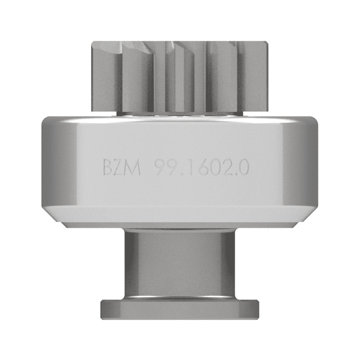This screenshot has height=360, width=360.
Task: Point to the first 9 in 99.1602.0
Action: pos(161,168)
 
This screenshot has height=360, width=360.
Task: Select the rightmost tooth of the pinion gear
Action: pos(256,77)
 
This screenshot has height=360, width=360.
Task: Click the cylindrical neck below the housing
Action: pos(179,262)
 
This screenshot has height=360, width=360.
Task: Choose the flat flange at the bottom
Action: pos(179,308)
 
